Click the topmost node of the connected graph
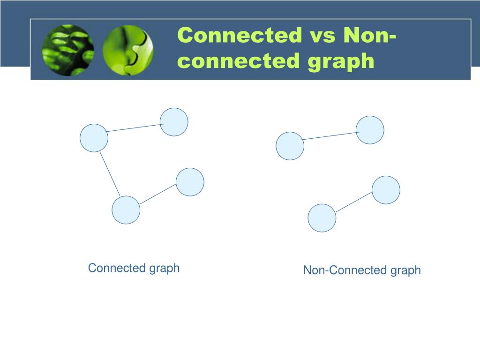[174, 122]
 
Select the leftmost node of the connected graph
[94, 138]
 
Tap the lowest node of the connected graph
[126, 210]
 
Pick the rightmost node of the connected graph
[190, 182]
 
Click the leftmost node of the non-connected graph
[290, 146]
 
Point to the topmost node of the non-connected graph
[370, 130]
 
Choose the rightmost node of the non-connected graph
[386, 190]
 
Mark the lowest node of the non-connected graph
[322, 218]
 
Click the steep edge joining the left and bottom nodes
[110, 174]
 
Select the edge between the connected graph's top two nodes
[134, 127]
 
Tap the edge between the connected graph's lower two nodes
[158, 194]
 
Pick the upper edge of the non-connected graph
[330, 136]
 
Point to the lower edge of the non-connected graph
[354, 202]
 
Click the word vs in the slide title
[323, 36]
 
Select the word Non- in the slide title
[370, 36]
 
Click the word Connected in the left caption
[117, 268]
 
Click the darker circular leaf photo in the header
[67, 50]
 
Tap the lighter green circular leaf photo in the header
[127, 50]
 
